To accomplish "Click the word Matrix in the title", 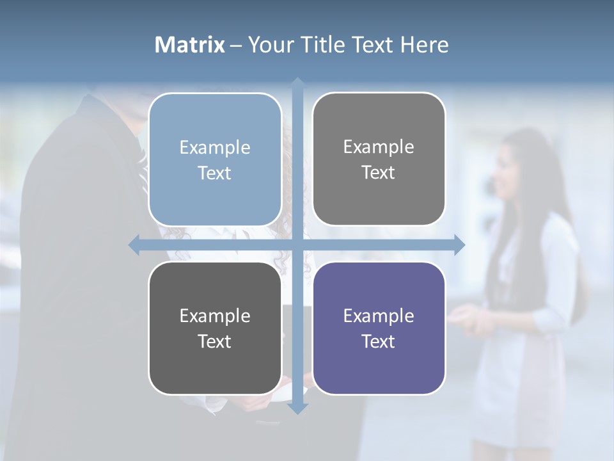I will pyautogui.click(x=189, y=45).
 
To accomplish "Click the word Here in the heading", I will pyautogui.click(x=424, y=45).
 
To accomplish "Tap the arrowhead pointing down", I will pyautogui.click(x=297, y=408).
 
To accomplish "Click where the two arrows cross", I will pyautogui.click(x=297, y=245).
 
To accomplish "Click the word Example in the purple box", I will pyautogui.click(x=379, y=316).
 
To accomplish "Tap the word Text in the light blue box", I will pyautogui.click(x=215, y=173).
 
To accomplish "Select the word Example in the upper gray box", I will pyautogui.click(x=379, y=147).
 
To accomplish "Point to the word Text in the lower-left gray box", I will pyautogui.click(x=215, y=341).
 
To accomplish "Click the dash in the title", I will pyautogui.click(x=236, y=45).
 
